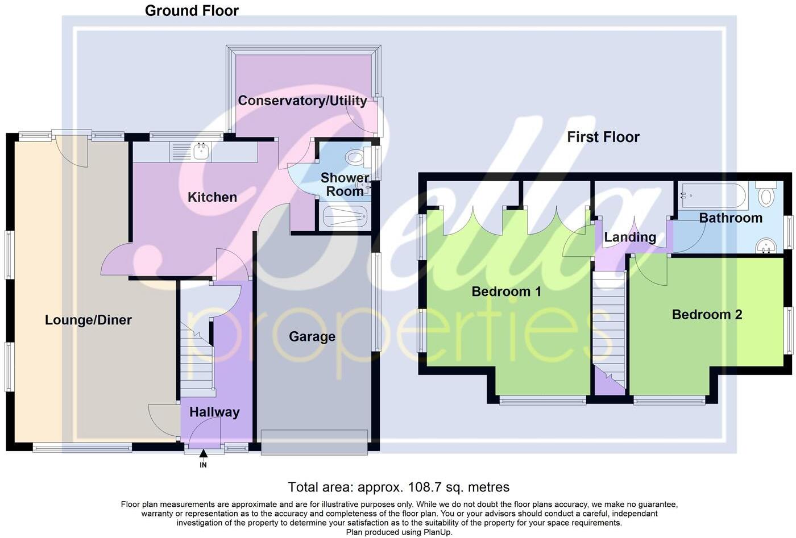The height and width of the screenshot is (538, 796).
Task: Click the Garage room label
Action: (x=312, y=337)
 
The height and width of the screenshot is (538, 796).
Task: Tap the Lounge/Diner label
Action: (x=88, y=320)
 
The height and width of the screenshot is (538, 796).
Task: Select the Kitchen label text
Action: (x=212, y=197)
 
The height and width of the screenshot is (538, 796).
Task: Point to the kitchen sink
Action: (x=201, y=152)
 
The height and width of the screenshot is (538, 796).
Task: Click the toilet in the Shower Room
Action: (x=356, y=156)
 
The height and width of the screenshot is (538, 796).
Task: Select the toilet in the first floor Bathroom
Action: (x=767, y=195)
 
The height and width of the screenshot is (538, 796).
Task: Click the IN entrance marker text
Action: (x=203, y=465)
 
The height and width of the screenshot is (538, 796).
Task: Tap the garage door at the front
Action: (x=314, y=442)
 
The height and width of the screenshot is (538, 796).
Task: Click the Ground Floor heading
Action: (x=192, y=10)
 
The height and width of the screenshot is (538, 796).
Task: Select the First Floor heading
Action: (x=603, y=137)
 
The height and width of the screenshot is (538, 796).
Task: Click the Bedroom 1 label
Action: (x=506, y=291)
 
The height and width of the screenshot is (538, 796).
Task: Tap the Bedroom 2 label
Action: (x=707, y=314)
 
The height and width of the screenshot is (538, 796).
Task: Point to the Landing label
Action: (x=630, y=237)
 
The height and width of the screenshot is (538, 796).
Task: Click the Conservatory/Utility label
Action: (x=302, y=101)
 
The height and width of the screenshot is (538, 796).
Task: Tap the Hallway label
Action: (x=214, y=412)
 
